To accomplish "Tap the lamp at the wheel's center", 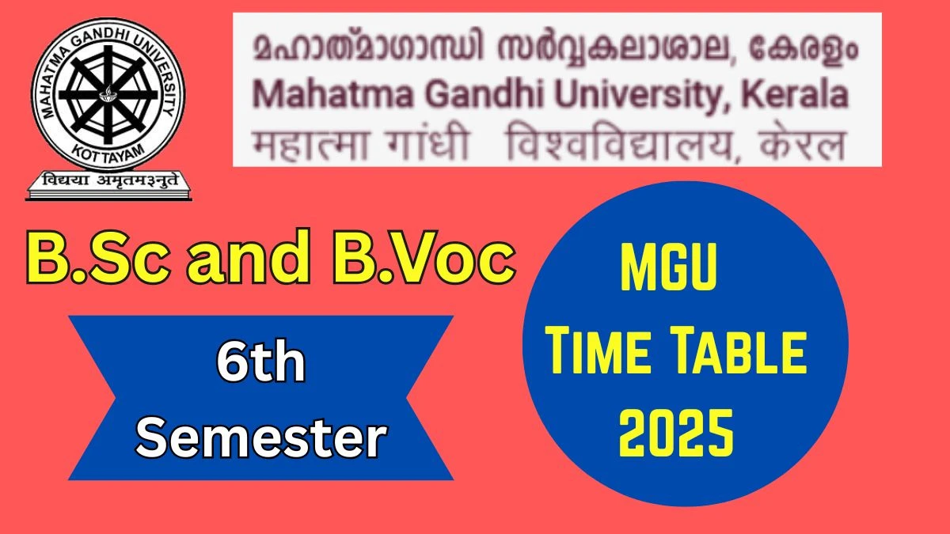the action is (108, 93).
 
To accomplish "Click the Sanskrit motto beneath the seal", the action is (110, 180).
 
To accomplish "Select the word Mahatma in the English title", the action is (333, 96).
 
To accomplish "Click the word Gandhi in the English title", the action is (484, 96).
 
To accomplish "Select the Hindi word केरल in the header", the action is (803, 144).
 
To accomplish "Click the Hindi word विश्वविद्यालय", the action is (620, 143).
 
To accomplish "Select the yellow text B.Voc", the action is (424, 257).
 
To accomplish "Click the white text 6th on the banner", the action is (260, 362).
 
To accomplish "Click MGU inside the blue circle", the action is (669, 267).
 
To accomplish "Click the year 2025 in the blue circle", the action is (676, 433).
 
